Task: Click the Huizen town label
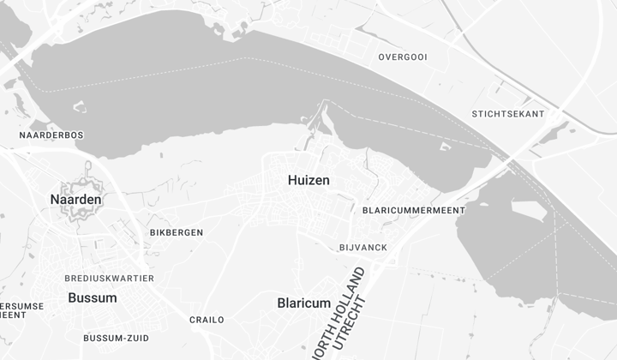pyautogui.click(x=308, y=180)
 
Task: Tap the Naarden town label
pyautogui.click(x=75, y=200)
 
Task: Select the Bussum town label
pyautogui.click(x=92, y=297)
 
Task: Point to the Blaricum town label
pyautogui.click(x=303, y=303)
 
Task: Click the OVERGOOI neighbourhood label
pyautogui.click(x=403, y=57)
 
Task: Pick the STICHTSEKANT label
pyautogui.click(x=508, y=114)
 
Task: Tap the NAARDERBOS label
pyautogui.click(x=51, y=135)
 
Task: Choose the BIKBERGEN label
pyautogui.click(x=177, y=232)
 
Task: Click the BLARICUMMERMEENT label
pyautogui.click(x=414, y=210)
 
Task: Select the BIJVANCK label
pyautogui.click(x=363, y=248)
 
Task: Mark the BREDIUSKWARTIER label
pyautogui.click(x=110, y=279)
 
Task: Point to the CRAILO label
pyautogui.click(x=207, y=320)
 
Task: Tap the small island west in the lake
pyautogui.click(x=80, y=107)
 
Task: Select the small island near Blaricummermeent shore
pyautogui.click(x=444, y=147)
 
